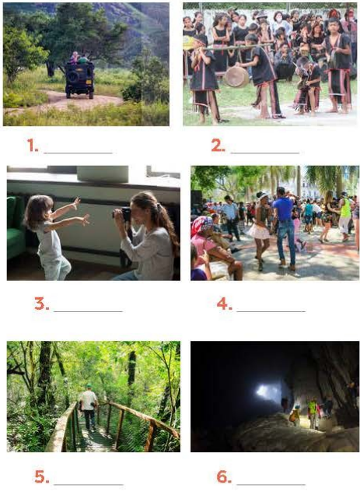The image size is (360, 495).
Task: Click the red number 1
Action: coord(32,146)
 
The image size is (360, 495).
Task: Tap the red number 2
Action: coord(218,146)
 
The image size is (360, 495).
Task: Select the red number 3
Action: coord(41,304)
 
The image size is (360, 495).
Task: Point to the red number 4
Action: coord(225,304)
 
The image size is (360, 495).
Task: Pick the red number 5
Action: coord(42,476)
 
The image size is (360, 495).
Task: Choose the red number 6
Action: coord(224,476)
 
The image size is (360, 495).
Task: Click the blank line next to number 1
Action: coord(79,153)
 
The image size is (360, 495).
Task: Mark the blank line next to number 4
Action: coord(271,311)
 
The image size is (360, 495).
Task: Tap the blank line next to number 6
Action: coord(271,484)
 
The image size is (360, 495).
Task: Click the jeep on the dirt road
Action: coord(79,79)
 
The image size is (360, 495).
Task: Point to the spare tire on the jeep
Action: coord(72,77)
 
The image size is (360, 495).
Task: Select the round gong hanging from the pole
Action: coord(236,77)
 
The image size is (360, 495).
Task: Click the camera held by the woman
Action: coord(123,214)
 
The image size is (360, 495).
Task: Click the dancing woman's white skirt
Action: coord(259,231)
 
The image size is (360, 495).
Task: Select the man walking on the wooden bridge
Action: coord(89,407)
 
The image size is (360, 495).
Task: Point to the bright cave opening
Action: coord(267,392)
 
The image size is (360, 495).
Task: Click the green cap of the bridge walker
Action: coord(89,386)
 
